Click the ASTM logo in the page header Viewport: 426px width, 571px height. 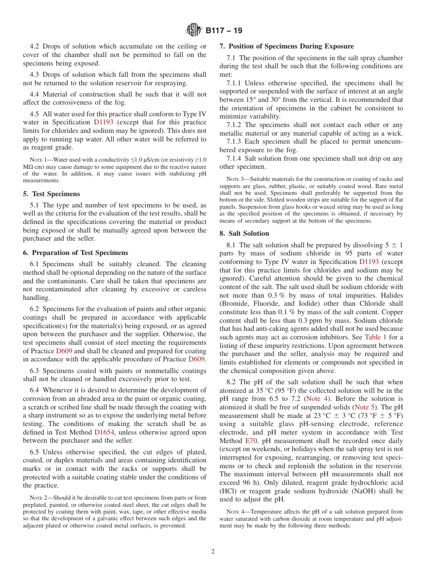194,31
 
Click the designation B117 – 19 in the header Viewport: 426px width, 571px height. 224,31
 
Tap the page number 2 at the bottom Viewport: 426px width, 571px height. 213,551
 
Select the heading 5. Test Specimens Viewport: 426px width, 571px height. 52,194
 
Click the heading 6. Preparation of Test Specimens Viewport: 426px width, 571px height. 75,253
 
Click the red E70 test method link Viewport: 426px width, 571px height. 251,441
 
